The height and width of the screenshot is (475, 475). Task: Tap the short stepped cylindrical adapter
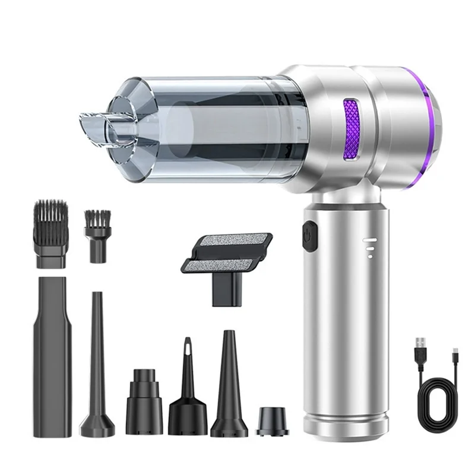click(x=144, y=396)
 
